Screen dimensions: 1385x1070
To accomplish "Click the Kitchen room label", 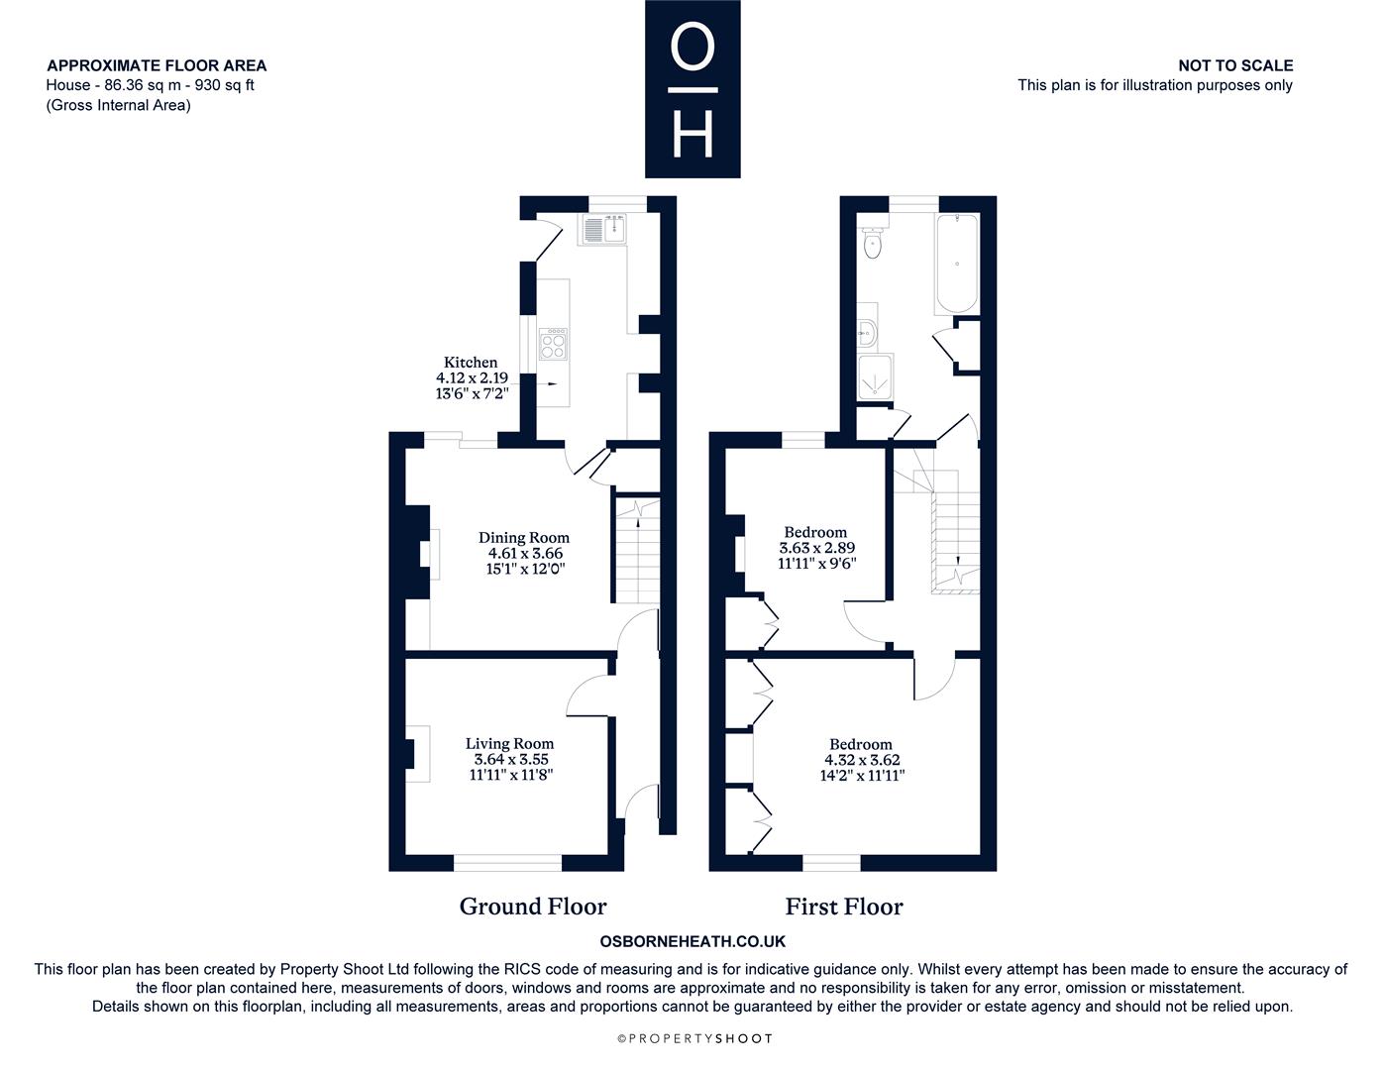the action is pos(471,362).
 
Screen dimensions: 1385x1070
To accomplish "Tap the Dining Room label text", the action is pos(524,537).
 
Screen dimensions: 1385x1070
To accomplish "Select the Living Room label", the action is pos(509,743).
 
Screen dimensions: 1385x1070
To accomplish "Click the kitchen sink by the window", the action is pos(603,229).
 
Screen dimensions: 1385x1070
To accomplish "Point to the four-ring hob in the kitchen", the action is pos(553,344).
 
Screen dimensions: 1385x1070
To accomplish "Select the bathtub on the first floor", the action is pos(957,264).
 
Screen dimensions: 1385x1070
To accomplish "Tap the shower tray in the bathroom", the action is pos(875,376).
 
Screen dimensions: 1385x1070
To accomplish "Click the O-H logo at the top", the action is pos(692,89).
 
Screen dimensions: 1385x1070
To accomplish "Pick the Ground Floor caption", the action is pos(533,906).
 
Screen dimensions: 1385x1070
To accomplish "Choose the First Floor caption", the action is pos(844,906).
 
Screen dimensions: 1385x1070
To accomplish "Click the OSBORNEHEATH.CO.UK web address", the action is pos(692,941).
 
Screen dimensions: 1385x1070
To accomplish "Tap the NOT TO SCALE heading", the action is pos(1235,65).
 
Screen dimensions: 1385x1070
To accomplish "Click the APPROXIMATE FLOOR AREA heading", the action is pos(157,65).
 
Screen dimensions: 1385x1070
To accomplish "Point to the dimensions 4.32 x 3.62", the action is pos(862,760).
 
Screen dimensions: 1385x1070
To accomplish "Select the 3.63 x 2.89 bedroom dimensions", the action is pos(817,548).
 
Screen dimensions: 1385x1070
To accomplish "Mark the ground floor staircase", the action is pos(637,549).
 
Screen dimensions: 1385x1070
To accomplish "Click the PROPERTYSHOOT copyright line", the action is pos(694,1038).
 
